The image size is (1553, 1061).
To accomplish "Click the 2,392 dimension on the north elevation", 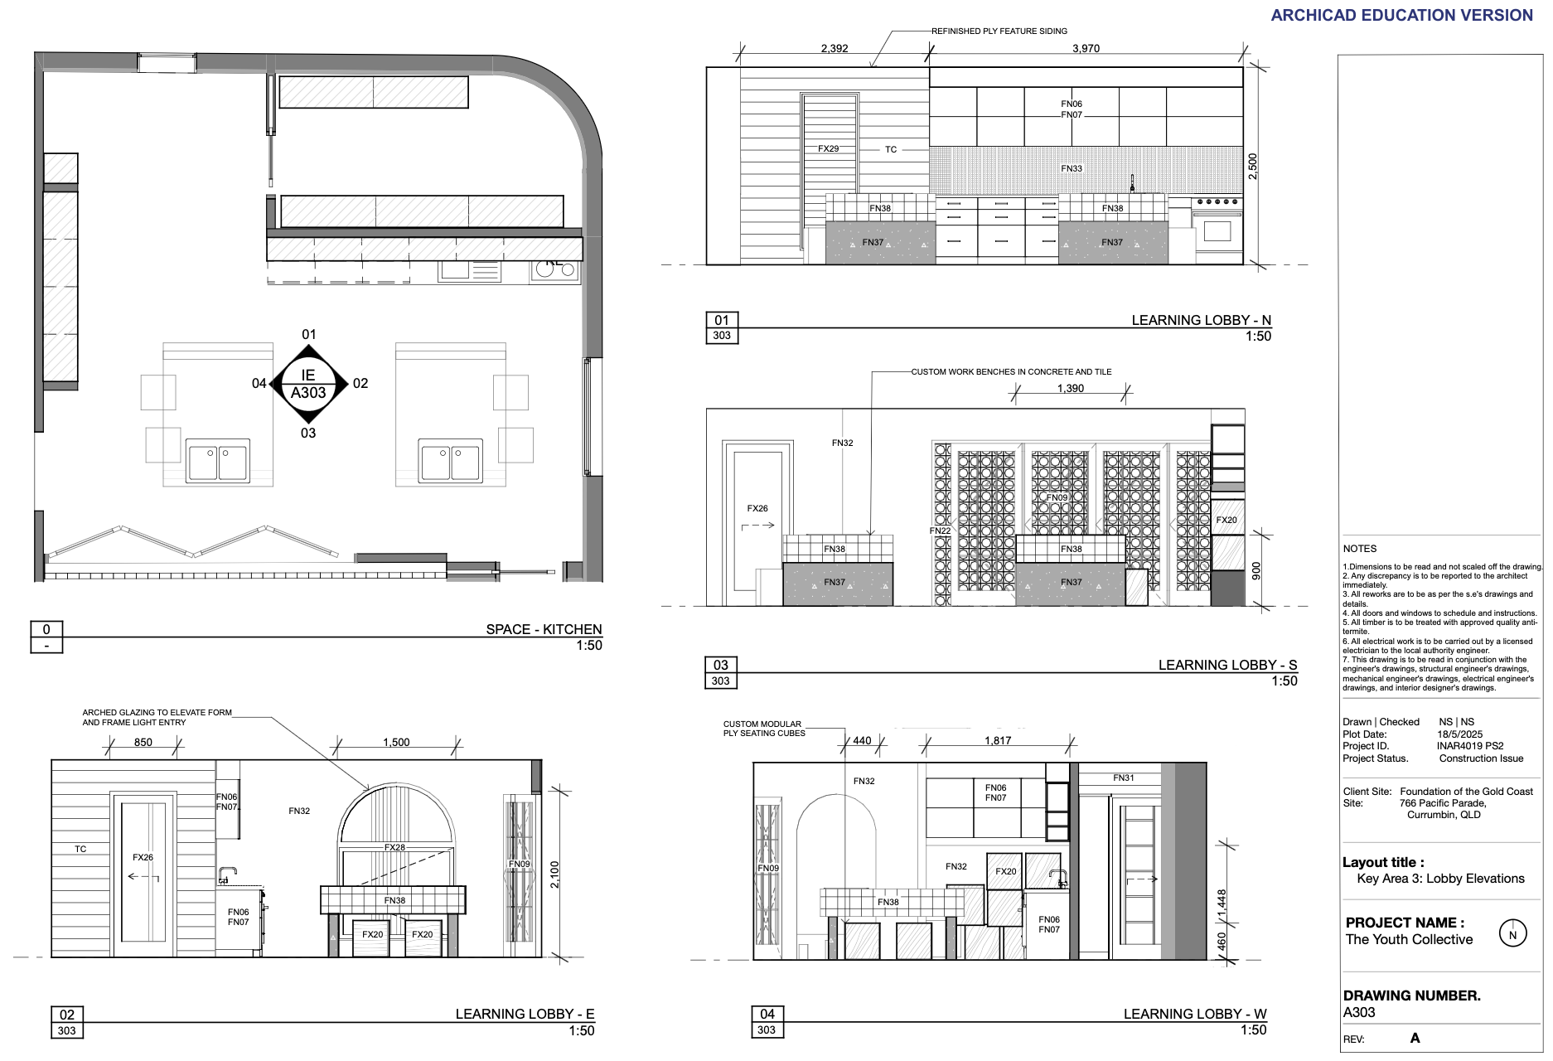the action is coord(835,49).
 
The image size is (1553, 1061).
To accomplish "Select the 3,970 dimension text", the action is coord(1086,49).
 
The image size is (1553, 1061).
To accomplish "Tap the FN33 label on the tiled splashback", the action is coord(1072,168).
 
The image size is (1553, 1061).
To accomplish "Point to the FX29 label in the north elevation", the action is coord(828,149).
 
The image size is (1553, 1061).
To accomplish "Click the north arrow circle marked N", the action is coord(1512,934).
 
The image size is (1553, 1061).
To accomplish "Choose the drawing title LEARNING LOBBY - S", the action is coord(1227,665).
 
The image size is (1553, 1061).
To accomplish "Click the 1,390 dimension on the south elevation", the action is coord(1071,389).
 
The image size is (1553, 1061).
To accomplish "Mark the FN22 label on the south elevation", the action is coord(940,530).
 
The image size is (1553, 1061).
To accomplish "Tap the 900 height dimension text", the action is coord(1256,570).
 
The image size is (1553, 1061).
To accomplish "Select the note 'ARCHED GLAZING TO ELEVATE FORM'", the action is coord(157,712).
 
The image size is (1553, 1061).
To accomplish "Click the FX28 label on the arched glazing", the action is coord(394,847).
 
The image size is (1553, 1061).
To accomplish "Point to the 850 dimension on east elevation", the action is coord(143,743).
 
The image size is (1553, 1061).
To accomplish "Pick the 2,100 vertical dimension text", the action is coord(554,874).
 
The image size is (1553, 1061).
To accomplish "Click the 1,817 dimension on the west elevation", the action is coord(998,741).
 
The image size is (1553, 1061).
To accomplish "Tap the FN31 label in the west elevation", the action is coord(1124,778).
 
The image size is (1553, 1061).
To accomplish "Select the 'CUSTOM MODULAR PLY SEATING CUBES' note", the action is coord(763,729).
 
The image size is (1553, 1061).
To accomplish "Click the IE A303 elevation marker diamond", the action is coord(308,384).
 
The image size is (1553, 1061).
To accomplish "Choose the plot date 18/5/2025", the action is coord(1459,734).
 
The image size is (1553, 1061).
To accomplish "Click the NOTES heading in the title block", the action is coord(1360,549).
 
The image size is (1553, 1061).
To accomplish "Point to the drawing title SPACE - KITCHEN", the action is coord(544,629).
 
